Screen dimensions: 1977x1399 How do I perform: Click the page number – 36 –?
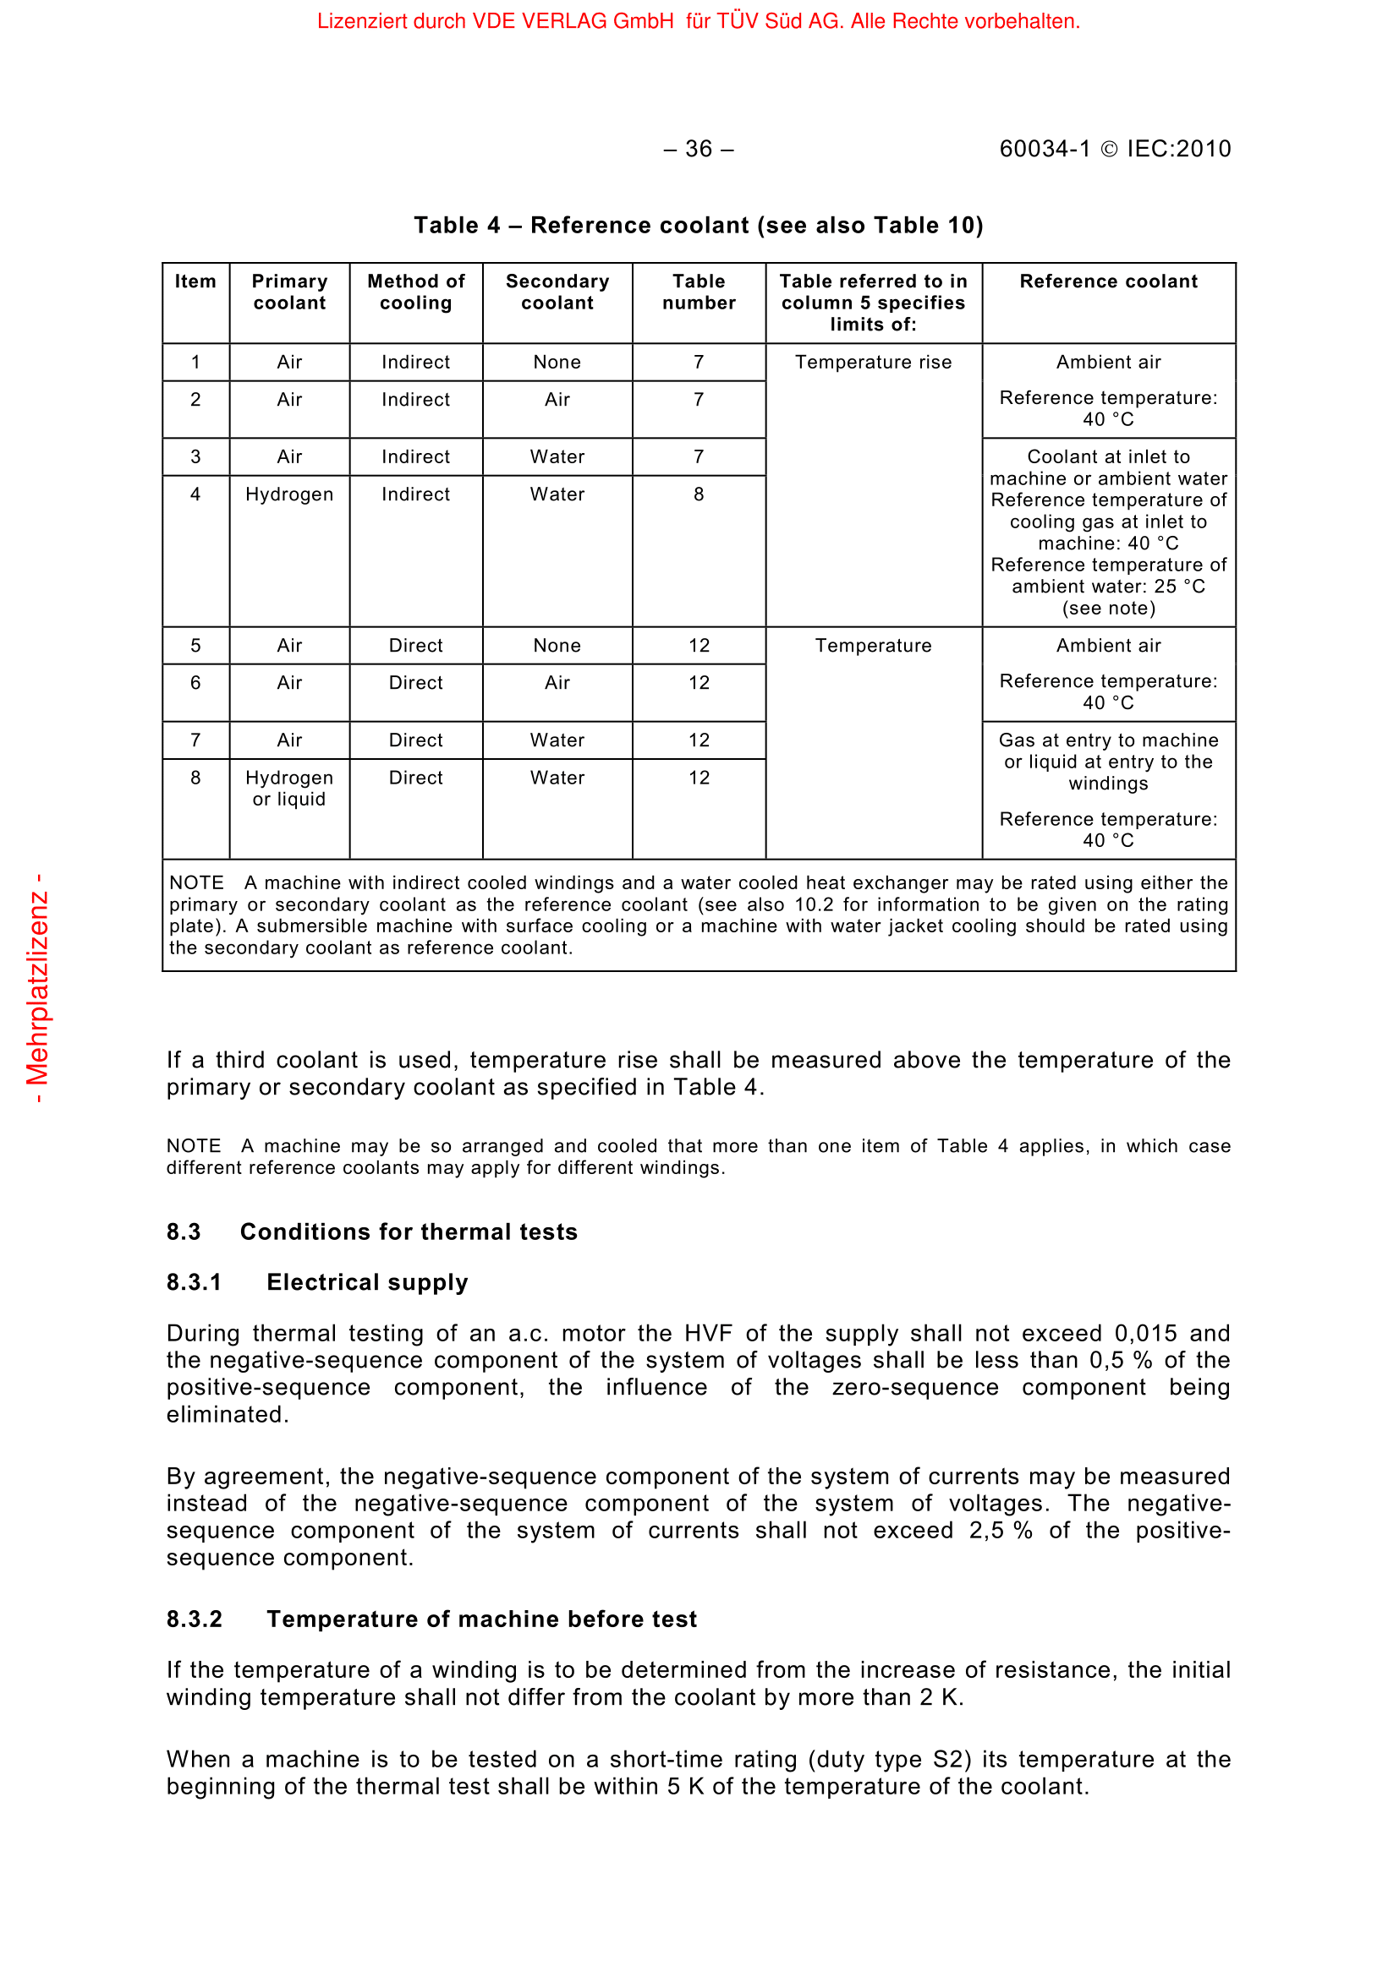[699, 149]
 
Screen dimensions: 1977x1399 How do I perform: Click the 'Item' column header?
[195, 281]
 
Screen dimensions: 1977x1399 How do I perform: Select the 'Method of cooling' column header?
[416, 292]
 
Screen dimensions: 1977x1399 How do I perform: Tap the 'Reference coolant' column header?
[1109, 281]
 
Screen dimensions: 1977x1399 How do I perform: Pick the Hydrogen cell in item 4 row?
[289, 494]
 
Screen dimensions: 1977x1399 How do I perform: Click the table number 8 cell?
[699, 494]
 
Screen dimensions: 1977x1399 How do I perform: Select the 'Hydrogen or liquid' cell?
[289, 788]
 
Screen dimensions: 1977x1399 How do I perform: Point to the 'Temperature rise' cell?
[874, 363]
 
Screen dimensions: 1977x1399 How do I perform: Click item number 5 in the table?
[195, 646]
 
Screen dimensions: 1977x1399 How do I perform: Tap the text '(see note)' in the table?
[1109, 609]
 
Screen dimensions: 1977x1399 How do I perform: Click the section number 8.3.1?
[194, 1282]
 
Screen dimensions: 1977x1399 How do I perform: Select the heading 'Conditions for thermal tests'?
[409, 1232]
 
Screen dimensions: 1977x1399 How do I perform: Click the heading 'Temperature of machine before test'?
[481, 1619]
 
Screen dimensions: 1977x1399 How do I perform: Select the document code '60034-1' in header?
[1045, 149]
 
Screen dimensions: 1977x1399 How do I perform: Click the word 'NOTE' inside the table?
[196, 883]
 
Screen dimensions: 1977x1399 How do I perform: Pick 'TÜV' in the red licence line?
[738, 21]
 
